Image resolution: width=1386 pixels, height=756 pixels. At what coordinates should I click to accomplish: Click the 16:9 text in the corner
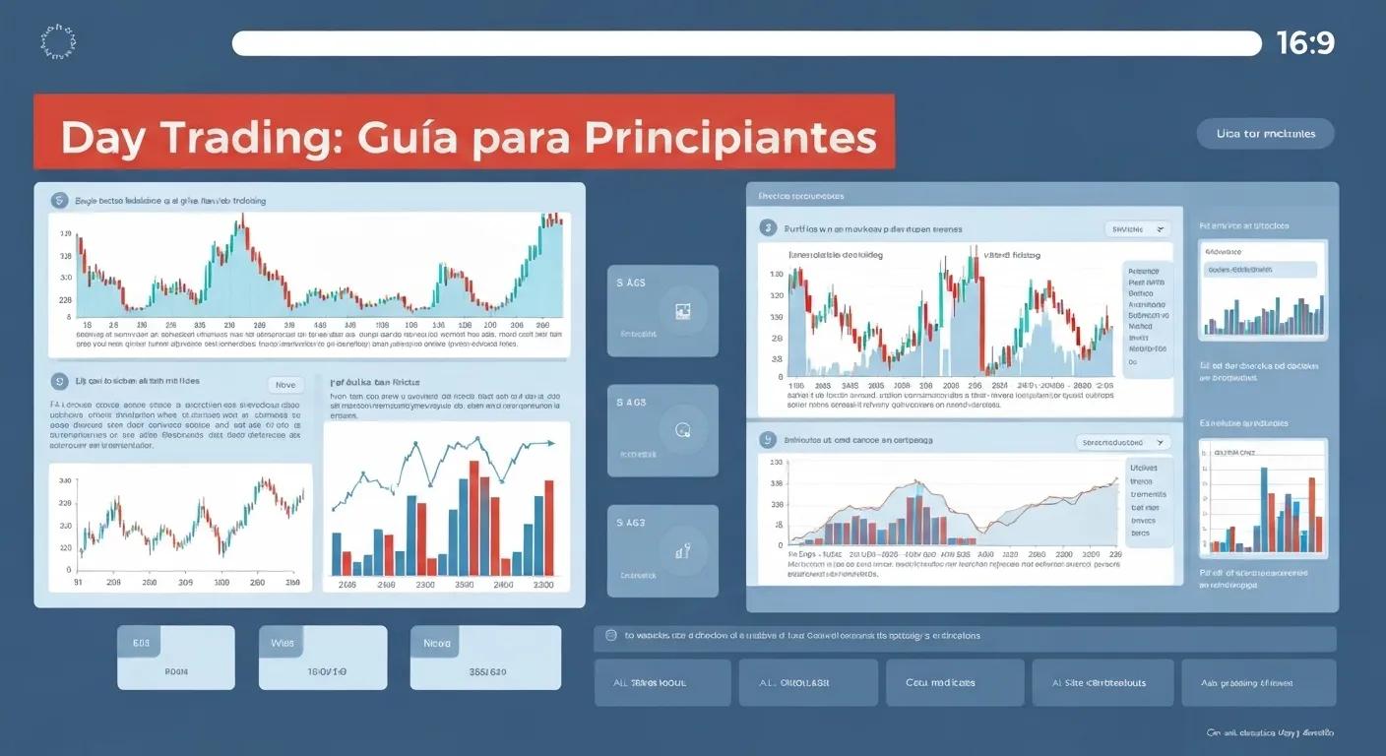pos(1305,43)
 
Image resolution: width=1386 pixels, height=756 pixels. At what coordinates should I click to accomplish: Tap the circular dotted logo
pos(57,41)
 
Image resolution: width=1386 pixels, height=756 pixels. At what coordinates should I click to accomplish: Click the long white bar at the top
pos(746,43)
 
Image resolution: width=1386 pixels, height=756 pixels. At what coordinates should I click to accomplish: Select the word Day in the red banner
pos(103,137)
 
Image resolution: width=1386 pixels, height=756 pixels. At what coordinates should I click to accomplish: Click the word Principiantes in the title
pos(729,137)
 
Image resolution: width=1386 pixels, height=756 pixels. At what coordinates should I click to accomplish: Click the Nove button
pos(285,386)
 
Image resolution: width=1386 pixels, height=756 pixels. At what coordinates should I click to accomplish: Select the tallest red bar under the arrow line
pos(474,518)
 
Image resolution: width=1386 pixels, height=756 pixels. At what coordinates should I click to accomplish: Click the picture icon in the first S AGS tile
pos(684,311)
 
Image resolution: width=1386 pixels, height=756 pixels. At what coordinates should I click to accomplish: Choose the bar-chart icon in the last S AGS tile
pos(684,551)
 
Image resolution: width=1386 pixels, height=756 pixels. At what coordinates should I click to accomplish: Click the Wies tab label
pos(283,643)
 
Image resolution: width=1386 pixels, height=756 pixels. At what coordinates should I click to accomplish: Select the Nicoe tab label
pos(435,643)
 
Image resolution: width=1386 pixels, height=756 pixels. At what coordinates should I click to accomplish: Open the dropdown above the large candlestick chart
pos(1137,228)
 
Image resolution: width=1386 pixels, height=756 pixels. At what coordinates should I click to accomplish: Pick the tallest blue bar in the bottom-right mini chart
pos(1264,509)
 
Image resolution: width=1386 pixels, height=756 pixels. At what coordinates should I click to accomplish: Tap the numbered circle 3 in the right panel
pos(768,228)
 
